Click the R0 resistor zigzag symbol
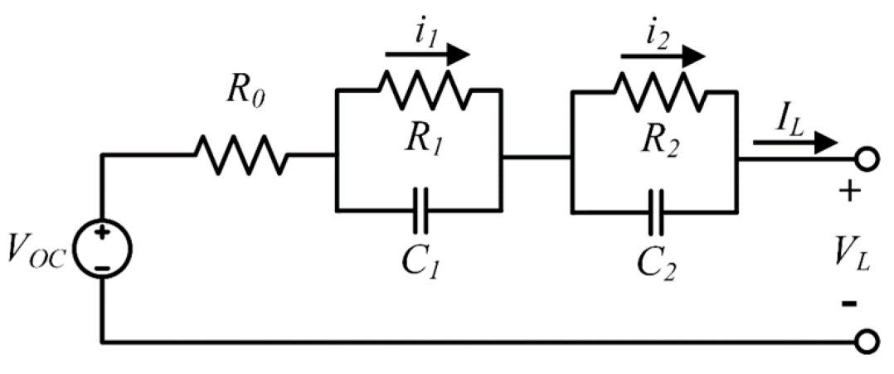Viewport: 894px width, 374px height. (x=241, y=155)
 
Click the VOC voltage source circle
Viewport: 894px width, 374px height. (x=101, y=247)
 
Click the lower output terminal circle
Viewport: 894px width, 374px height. (x=867, y=341)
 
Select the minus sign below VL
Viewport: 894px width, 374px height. (x=849, y=304)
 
